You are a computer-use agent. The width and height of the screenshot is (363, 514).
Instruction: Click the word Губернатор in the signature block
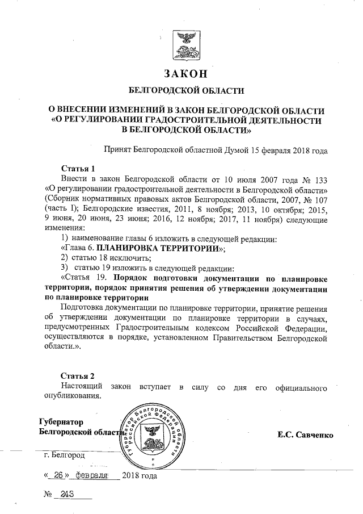click(61, 422)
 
